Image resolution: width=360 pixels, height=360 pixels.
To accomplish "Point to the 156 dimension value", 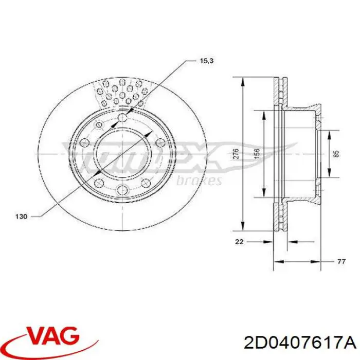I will click(257, 153).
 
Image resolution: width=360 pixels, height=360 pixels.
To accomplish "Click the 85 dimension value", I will click(336, 153).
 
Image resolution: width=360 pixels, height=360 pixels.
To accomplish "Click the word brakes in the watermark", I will click(199, 181).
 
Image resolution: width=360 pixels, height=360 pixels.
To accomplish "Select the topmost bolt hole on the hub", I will click(122, 119).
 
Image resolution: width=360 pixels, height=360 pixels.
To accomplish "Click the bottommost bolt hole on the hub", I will click(122, 190).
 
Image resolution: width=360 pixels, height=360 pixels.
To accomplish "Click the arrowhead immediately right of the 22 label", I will click(269, 241).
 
